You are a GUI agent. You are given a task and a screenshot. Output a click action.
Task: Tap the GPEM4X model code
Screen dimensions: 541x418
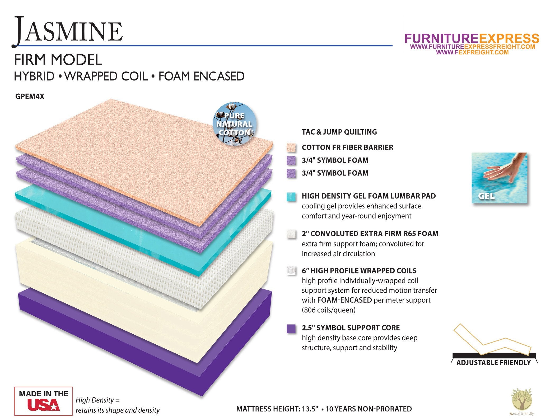point(30,97)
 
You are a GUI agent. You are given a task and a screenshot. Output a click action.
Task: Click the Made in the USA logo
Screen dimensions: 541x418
point(43,401)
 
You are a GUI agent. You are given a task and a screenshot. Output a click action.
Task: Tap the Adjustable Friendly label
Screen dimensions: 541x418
point(493,363)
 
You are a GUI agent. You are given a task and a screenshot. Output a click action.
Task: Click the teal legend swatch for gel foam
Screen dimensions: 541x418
point(291,197)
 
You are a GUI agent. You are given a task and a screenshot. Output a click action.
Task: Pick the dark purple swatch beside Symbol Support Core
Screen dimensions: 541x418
point(291,329)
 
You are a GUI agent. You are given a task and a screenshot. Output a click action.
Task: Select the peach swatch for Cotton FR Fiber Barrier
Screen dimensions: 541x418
point(291,148)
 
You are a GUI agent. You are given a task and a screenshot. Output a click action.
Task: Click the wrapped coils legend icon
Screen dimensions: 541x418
point(291,271)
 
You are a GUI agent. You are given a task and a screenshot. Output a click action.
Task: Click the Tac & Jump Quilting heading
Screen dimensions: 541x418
point(339,132)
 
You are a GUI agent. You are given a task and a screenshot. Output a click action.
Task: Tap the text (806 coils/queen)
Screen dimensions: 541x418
point(329,310)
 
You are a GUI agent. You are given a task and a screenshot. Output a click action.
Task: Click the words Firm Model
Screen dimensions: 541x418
point(58,60)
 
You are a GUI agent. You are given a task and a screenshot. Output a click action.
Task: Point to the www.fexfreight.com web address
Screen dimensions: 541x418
point(472,52)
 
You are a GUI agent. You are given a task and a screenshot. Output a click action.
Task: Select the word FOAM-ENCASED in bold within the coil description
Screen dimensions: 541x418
point(344,300)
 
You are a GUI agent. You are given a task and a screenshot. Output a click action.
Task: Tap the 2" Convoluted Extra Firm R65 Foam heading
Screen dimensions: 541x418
point(370,234)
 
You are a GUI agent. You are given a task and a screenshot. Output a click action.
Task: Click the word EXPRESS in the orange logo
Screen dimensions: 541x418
point(509,39)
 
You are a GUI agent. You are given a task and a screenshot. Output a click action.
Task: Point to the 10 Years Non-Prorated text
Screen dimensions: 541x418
point(369,409)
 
